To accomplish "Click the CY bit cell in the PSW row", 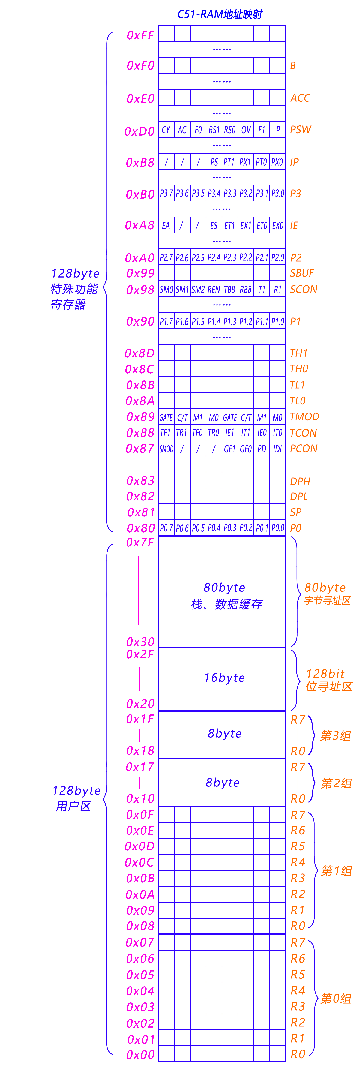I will (166, 130).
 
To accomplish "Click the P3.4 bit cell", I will (214, 193).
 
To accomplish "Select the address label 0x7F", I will (140, 542).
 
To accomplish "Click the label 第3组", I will (335, 736).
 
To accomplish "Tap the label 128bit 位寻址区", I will (328, 680).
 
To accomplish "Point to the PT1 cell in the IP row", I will (229, 162).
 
